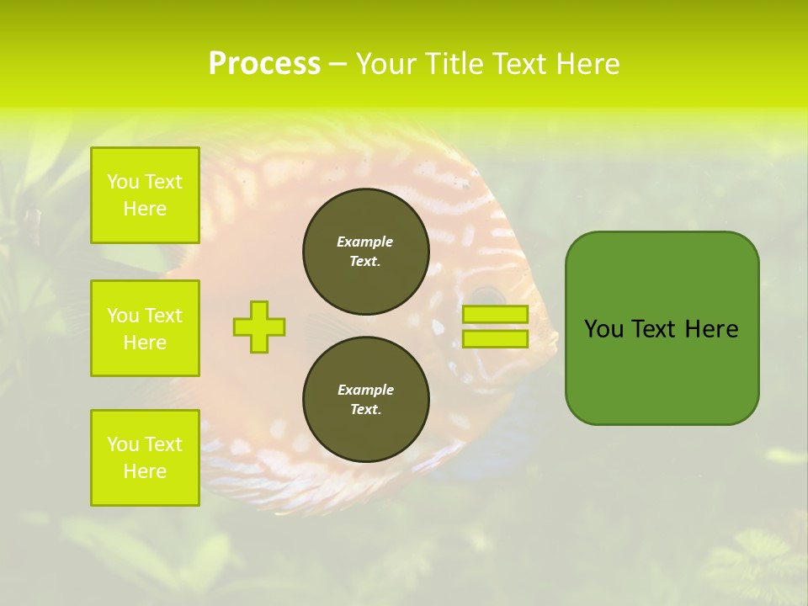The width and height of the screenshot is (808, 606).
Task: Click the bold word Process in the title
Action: (x=264, y=64)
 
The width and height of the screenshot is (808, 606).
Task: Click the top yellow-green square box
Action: (x=145, y=195)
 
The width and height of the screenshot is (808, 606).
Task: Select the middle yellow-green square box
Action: (x=145, y=328)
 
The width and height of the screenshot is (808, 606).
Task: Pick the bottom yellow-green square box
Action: (x=145, y=458)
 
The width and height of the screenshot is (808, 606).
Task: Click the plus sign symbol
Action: (x=259, y=327)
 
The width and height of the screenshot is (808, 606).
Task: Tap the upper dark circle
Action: (x=366, y=252)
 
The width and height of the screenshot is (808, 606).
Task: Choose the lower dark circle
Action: (x=366, y=400)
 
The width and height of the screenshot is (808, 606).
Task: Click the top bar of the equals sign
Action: (x=495, y=314)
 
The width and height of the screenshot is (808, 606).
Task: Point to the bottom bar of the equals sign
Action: (x=495, y=339)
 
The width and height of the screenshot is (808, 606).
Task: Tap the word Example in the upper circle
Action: (x=364, y=242)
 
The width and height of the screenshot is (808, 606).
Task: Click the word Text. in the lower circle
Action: (x=365, y=410)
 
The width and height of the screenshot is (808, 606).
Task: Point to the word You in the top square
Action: (x=123, y=182)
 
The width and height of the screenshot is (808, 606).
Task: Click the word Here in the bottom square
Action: (x=145, y=471)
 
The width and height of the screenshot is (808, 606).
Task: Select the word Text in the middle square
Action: (x=162, y=316)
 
